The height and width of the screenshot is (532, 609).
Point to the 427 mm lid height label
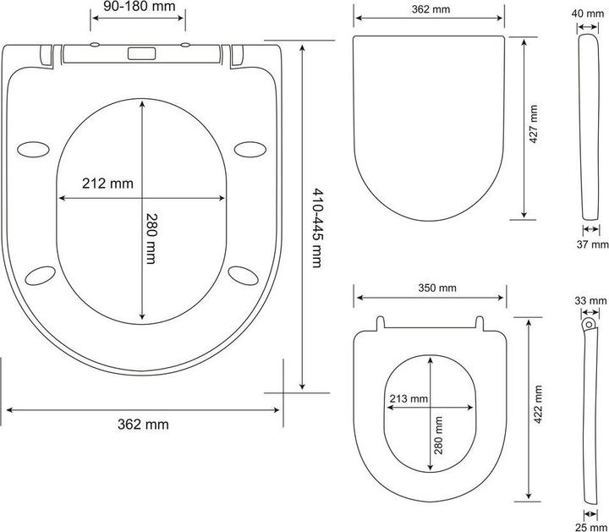[534, 125]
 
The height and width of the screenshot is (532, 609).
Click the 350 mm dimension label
[437, 288]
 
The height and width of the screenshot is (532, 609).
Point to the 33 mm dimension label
[590, 300]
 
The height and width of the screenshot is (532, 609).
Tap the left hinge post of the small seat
[381, 323]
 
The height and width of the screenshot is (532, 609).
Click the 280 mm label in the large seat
[150, 239]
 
